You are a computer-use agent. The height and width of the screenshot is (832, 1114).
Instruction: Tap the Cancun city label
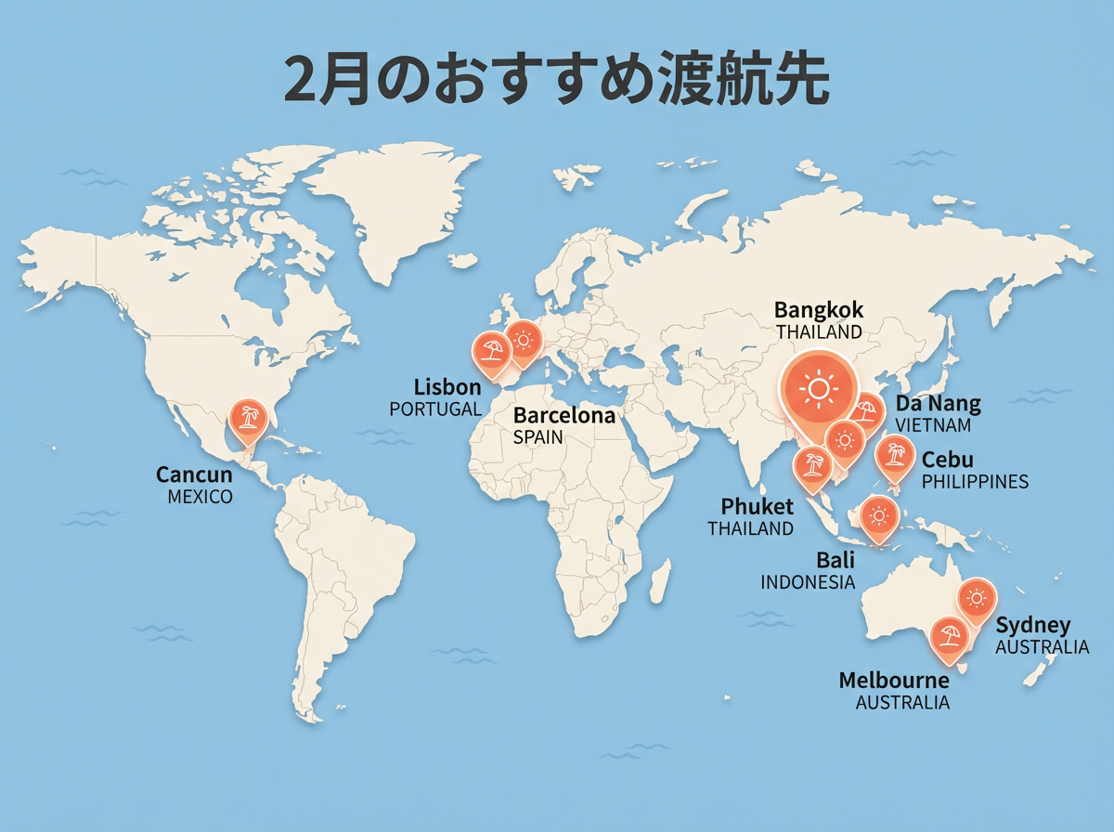(x=194, y=475)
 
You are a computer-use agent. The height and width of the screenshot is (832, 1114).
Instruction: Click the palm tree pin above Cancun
(x=247, y=417)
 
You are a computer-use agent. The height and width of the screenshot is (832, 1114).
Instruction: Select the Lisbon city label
(x=447, y=387)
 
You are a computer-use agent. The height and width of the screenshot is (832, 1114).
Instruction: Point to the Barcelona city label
(x=564, y=415)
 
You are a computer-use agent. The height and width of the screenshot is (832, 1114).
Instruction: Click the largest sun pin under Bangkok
(x=818, y=387)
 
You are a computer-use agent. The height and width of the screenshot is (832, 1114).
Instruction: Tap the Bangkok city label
(x=819, y=309)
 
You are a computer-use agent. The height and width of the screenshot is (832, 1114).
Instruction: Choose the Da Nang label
(x=938, y=404)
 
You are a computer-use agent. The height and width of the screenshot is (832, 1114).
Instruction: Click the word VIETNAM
(x=933, y=425)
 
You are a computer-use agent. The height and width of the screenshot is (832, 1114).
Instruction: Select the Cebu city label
(x=948, y=460)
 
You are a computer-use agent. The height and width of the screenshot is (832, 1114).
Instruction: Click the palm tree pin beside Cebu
(x=895, y=455)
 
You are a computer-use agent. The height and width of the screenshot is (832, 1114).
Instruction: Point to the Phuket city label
(x=758, y=506)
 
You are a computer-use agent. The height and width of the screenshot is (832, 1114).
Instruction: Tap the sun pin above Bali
(x=878, y=514)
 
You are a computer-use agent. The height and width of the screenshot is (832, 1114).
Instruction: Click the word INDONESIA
(x=808, y=582)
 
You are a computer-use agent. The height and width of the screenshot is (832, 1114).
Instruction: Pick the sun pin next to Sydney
(x=976, y=598)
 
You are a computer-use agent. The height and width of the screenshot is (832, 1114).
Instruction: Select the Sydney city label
(x=1033, y=625)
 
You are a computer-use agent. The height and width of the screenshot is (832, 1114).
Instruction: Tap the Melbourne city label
(x=894, y=680)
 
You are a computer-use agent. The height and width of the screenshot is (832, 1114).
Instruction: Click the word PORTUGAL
(x=435, y=409)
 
